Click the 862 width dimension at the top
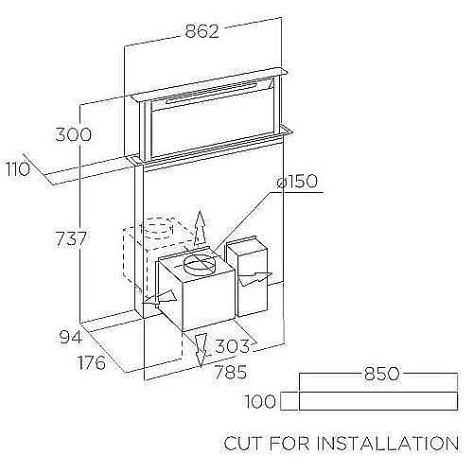coord(201,31)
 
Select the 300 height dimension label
coord(74,134)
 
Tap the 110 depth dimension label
coord(18,169)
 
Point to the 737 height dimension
coord(71,238)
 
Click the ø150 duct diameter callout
coord(297,182)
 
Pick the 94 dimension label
coord(71,338)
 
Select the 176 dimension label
coord(92,362)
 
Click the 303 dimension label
coord(232,346)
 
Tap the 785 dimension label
coord(231,372)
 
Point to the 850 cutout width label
coord(382,374)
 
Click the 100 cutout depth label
coord(260,402)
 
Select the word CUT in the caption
coord(243,443)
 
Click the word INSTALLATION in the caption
coord(388,443)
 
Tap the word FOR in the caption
coord(289,443)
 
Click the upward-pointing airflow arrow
coord(200,228)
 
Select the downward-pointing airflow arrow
coord(201,351)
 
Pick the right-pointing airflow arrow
coord(254,278)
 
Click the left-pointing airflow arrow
coord(159,298)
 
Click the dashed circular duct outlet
coord(158,228)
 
